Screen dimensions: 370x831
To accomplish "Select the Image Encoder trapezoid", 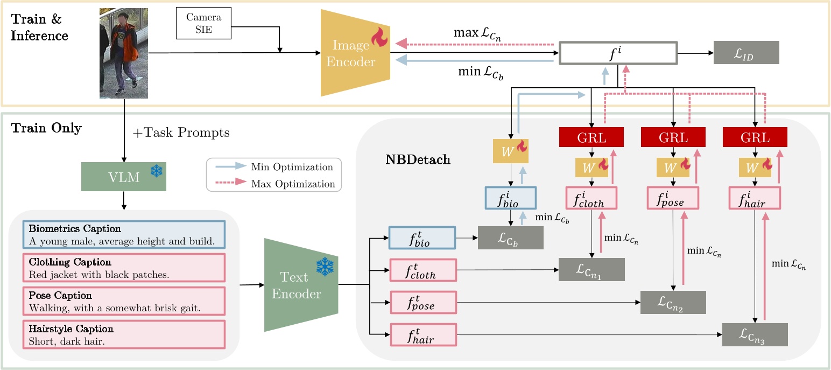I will (x=355, y=53).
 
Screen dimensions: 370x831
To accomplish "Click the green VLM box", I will (x=124, y=177).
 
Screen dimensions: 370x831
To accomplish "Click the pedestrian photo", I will (x=123, y=53).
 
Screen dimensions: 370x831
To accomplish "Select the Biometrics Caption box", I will (x=124, y=235).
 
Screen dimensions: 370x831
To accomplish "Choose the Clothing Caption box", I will (x=124, y=268).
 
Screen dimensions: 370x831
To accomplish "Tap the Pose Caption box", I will (x=124, y=302).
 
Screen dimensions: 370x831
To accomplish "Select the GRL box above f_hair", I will (x=755, y=137).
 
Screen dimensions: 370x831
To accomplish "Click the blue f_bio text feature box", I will (x=422, y=238).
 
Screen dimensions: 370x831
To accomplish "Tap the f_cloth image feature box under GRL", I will (x=591, y=198).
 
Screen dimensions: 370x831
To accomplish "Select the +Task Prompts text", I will (x=181, y=133).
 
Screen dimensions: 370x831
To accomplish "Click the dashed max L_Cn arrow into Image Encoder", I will (x=474, y=44).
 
